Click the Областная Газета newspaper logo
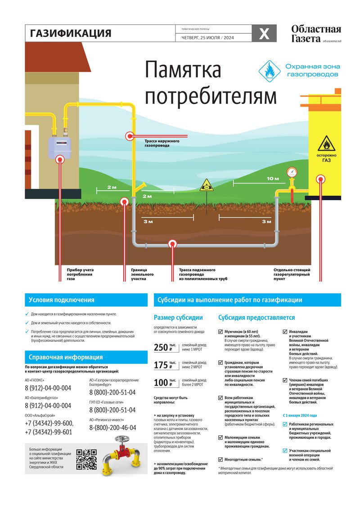[x=316, y=34]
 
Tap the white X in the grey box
[x=264, y=34]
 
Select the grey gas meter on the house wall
[x=60, y=144]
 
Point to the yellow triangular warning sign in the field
[x=206, y=184]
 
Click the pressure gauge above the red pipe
[x=292, y=172]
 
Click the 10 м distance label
[x=273, y=179]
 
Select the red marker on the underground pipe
[x=172, y=244]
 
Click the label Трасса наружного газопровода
[x=162, y=143]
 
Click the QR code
[x=86, y=459]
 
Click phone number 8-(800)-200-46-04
[x=112, y=428]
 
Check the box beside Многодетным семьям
[x=220, y=460]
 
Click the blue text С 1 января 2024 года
[x=300, y=415]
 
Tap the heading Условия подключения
[x=61, y=300]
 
